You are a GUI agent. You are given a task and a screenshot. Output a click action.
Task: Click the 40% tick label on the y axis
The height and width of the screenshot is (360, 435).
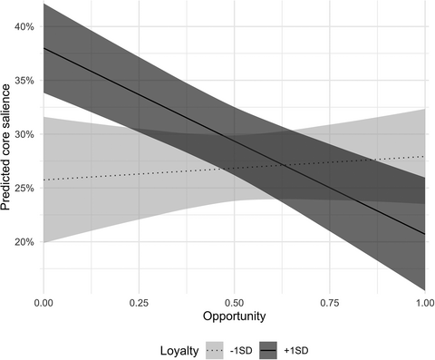pyautogui.click(x=24, y=27)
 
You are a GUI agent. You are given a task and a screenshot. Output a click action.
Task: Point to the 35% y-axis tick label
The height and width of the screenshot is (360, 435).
pyautogui.click(x=24, y=81)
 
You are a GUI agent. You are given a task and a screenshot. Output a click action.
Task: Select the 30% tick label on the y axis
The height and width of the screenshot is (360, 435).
pyautogui.click(x=24, y=134)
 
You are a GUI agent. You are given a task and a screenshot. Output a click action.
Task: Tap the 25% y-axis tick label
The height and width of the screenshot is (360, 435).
pyautogui.click(x=24, y=188)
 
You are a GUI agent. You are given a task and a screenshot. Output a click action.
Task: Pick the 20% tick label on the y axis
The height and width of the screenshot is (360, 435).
pyautogui.click(x=24, y=242)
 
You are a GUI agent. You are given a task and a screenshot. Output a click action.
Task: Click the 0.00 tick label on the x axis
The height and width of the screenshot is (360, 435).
pyautogui.click(x=43, y=298)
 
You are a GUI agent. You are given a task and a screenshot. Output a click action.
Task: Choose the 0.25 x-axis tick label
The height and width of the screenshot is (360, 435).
pyautogui.click(x=139, y=298)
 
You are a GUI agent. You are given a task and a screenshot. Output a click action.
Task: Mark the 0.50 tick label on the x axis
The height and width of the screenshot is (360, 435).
pyautogui.click(x=234, y=298)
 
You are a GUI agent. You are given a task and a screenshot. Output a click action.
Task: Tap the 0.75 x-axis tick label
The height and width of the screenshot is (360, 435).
pyautogui.click(x=329, y=298)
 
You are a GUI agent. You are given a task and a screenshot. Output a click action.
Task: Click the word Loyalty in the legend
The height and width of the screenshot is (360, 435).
pyautogui.click(x=179, y=346)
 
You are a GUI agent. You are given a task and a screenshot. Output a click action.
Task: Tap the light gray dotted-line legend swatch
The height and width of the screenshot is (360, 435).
pyautogui.click(x=216, y=346)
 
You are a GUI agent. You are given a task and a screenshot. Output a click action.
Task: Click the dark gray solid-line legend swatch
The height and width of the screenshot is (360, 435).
pyautogui.click(x=270, y=346)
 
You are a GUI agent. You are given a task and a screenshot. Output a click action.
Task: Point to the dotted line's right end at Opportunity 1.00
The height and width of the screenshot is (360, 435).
pyautogui.click(x=424, y=156)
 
